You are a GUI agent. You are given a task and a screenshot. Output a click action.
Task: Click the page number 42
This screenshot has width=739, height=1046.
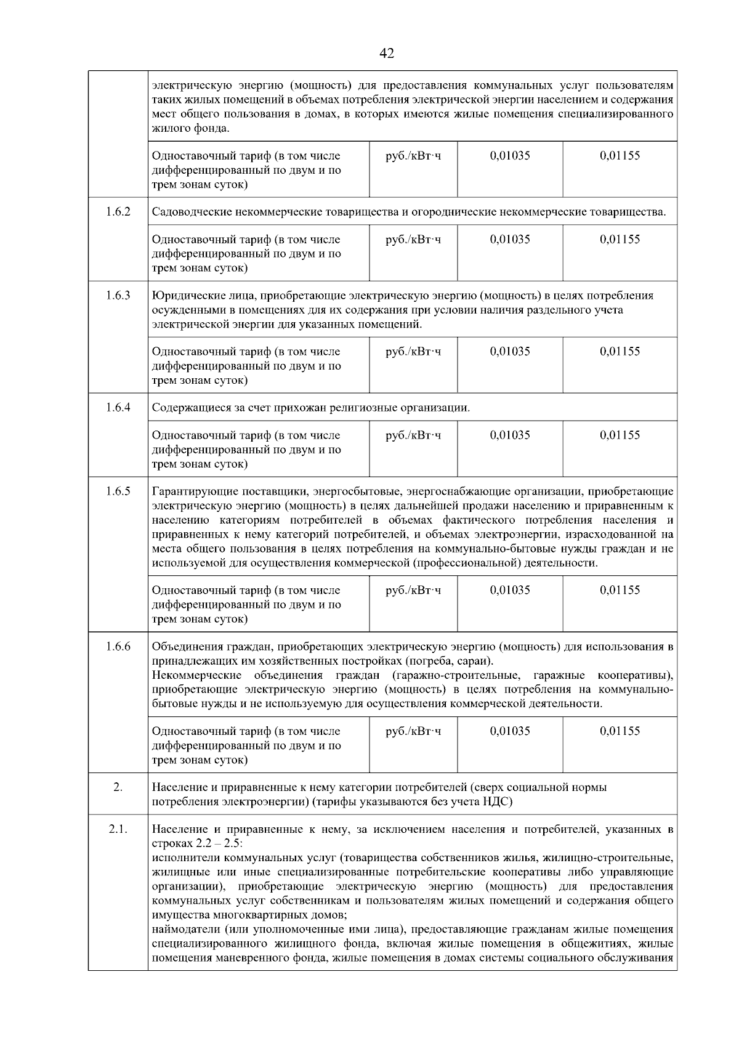387,54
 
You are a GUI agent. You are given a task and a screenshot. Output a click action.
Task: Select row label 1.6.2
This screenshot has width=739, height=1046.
118,212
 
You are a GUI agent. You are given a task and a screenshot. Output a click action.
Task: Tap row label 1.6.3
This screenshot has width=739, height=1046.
118,295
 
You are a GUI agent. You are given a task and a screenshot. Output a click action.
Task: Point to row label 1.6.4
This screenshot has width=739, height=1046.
118,407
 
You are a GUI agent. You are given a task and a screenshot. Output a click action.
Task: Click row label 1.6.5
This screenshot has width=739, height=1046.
118,491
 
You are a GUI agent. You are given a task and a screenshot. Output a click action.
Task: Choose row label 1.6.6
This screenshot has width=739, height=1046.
118,646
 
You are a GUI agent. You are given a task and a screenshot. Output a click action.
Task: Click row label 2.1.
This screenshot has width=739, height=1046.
118,829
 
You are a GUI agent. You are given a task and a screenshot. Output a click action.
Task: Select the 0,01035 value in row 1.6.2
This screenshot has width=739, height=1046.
510,239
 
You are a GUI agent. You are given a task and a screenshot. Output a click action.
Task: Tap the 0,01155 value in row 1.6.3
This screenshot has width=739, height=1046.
620,351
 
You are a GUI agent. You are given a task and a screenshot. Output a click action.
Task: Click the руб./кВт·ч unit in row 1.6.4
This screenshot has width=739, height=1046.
413,435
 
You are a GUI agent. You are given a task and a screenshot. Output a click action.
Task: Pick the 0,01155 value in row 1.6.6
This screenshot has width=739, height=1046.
620,731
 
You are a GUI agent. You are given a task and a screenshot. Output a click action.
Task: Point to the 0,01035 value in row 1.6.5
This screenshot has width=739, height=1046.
510,590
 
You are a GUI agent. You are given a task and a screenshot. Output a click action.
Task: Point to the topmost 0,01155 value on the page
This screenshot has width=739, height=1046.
620,155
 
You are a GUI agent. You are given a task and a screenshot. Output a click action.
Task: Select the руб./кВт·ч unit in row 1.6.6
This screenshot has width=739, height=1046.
413,731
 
